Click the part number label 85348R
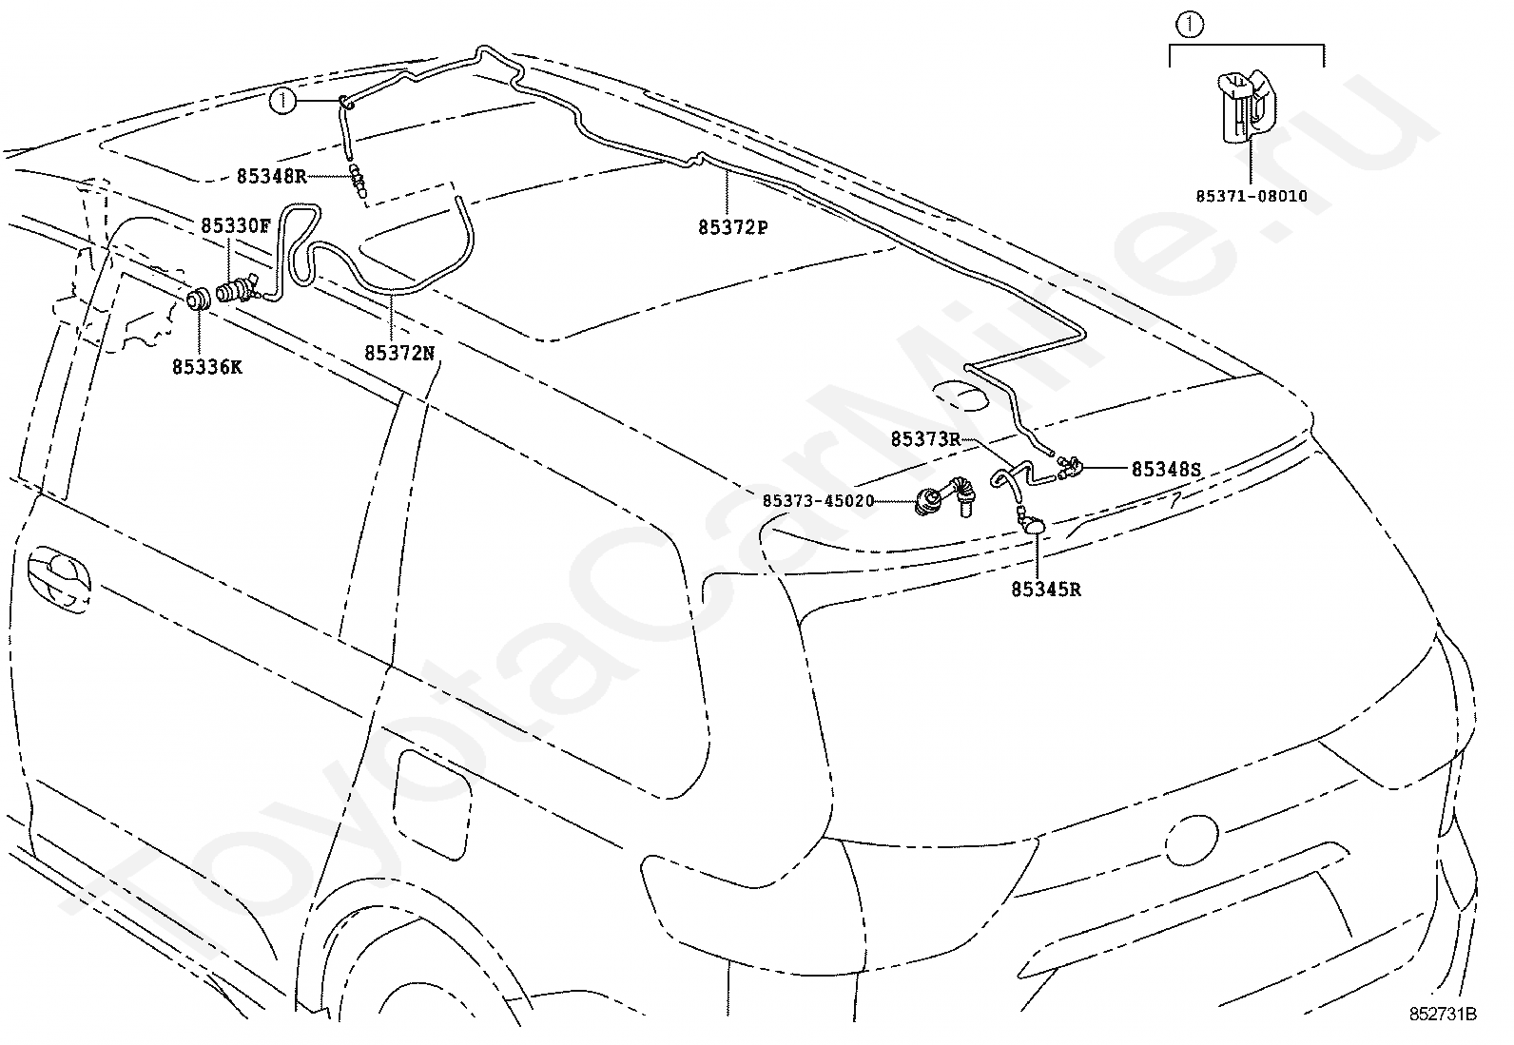tap(271, 177)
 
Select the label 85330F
tap(235, 225)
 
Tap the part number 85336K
tap(206, 367)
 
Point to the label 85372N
tap(399, 353)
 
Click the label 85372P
tap(733, 228)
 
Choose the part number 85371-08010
tap(1252, 196)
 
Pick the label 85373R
tap(925, 439)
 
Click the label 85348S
tap(1167, 469)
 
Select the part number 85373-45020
tap(819, 501)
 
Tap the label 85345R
tap(1045, 590)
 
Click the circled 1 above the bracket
tap(1191, 26)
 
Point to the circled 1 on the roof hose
tap(282, 102)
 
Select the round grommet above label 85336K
tap(199, 300)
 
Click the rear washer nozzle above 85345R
tap(1032, 523)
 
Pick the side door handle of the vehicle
tap(59, 579)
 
